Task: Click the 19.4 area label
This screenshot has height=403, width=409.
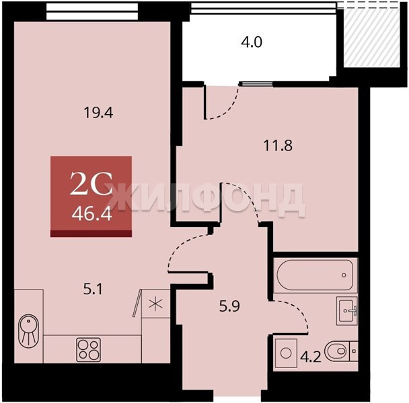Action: tap(98, 113)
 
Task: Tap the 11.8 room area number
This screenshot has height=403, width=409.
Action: tap(278, 145)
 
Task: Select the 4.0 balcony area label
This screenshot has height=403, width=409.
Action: tap(252, 42)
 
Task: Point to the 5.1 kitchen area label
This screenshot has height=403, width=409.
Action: tap(93, 289)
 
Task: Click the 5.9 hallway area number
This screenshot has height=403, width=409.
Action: tap(229, 306)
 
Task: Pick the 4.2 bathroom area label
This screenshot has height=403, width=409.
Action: tap(310, 357)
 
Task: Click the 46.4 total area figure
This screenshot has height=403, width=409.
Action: tap(91, 215)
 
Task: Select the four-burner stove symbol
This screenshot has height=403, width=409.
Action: tap(88, 349)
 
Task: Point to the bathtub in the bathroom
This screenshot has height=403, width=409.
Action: tap(315, 275)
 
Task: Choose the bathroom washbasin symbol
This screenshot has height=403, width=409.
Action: tap(347, 310)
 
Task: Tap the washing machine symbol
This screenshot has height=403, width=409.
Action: tap(286, 353)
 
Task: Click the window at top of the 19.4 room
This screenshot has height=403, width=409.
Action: tap(92, 11)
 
